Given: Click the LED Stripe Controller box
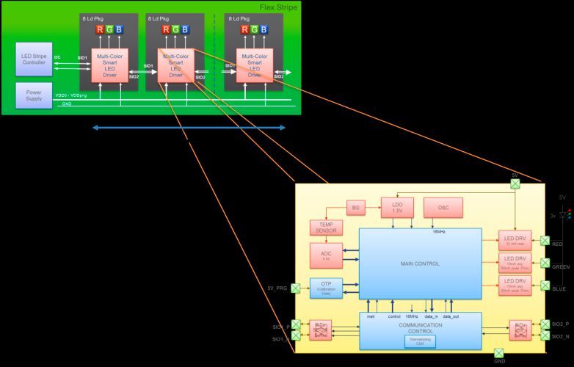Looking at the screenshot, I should (33, 58).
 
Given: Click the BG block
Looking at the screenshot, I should (355, 208).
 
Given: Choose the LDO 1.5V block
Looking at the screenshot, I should (396, 208).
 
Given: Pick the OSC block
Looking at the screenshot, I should (443, 208).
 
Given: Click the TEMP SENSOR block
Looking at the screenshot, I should (325, 228).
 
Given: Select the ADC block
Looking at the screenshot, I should (325, 255).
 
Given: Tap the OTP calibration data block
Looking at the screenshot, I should (326, 288).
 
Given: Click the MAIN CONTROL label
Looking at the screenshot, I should (420, 264).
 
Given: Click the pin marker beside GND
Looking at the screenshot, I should (499, 353).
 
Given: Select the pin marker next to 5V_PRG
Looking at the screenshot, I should (296, 288).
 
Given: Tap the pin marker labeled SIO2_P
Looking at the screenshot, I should (544, 324).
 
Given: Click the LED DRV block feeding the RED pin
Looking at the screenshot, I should (514, 239).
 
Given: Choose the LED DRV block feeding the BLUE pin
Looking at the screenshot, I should (514, 286).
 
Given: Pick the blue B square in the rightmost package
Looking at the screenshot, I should (264, 29).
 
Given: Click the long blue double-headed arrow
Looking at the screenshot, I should (189, 128).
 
